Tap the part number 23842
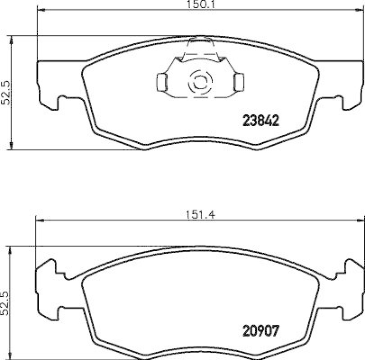point(260,120)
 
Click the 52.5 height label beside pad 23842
point(5,93)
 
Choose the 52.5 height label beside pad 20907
point(5,303)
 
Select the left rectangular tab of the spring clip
point(162,82)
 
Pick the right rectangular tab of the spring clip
point(238,82)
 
